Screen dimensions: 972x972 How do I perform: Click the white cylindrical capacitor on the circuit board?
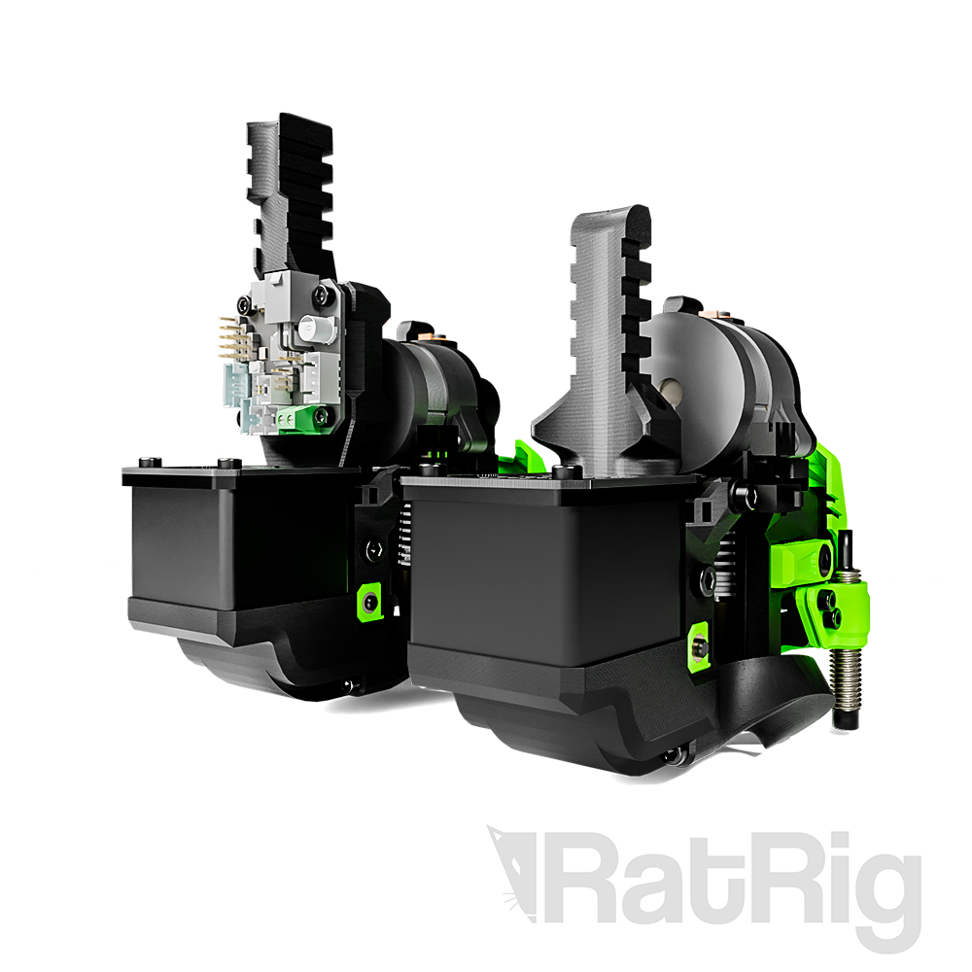[x=310, y=328]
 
